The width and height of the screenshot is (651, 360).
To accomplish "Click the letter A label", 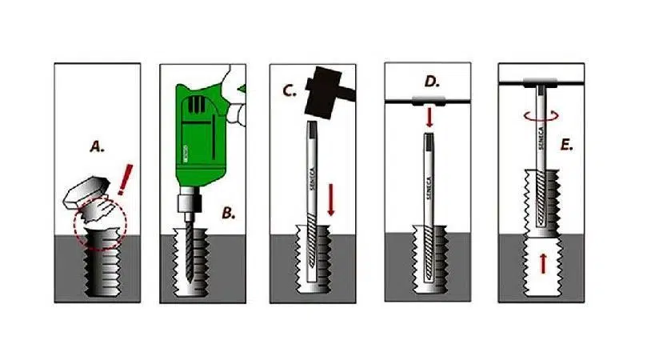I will pyautogui.click(x=97, y=146).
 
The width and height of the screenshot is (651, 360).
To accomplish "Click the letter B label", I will pyautogui.click(x=228, y=213).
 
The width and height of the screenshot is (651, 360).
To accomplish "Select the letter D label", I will pyautogui.click(x=432, y=82).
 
